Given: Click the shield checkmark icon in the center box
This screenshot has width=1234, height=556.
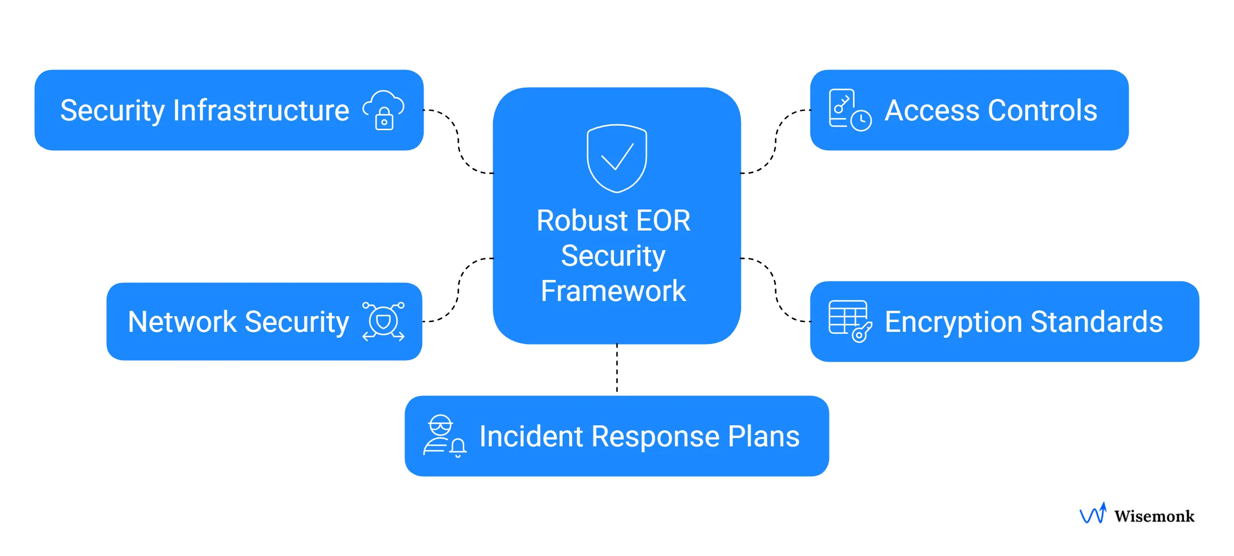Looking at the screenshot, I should pos(617,158).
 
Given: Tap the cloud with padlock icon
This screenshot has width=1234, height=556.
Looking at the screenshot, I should pos(383,110).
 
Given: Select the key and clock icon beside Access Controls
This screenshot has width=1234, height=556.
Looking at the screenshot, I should pos(850,110).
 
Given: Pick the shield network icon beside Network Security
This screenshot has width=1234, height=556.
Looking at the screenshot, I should pos(383,322).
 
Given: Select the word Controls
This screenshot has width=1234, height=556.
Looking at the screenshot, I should pos(1043,110).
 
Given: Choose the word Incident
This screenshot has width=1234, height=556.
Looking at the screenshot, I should pos(531,436).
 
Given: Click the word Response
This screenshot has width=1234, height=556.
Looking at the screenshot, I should pos(655,436).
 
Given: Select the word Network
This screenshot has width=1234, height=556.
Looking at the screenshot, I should pos(182,322).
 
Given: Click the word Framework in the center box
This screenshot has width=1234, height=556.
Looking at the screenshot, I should pos(613,291).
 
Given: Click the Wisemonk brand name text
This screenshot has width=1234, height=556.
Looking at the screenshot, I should pos(1154,516).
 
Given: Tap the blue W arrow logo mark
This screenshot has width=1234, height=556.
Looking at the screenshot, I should pos(1093,513).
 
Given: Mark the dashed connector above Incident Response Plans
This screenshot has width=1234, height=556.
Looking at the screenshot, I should pos(617,370).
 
